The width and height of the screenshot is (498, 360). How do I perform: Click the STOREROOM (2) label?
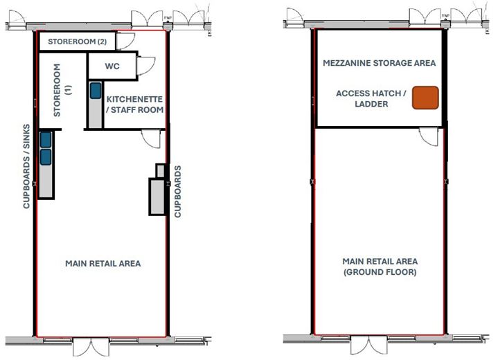(x=76, y=42)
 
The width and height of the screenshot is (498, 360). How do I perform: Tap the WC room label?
(x=113, y=67)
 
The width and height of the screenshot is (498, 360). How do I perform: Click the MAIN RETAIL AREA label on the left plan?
(x=103, y=264)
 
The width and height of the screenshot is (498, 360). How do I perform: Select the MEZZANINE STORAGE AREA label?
(x=380, y=63)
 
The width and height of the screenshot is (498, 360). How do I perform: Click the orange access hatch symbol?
(x=426, y=98)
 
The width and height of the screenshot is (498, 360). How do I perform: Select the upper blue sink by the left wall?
(x=45, y=139)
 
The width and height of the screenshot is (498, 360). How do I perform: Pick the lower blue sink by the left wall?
(x=45, y=156)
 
